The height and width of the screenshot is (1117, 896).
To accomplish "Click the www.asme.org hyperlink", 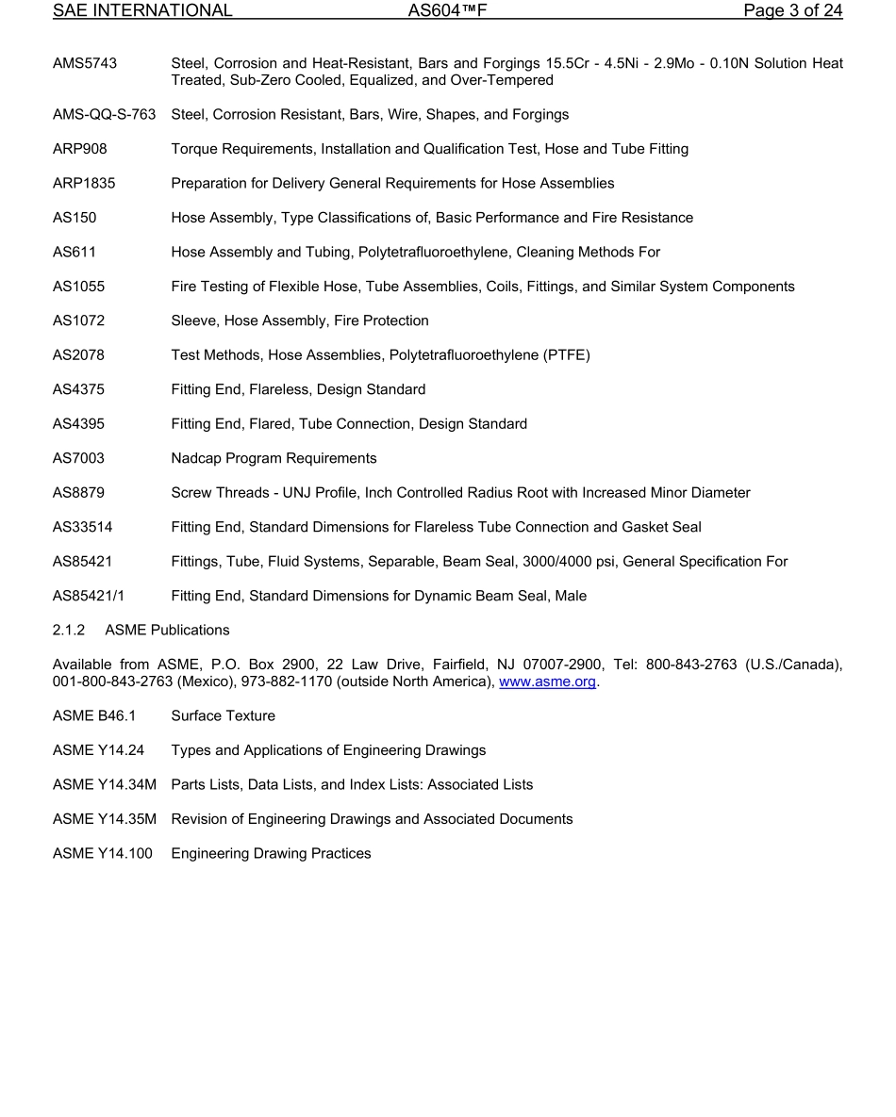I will point(547,682).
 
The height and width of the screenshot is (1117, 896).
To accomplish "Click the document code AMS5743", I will point(85,63).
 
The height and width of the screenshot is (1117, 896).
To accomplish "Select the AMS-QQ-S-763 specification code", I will point(104,114).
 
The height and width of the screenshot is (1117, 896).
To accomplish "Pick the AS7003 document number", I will point(78,458).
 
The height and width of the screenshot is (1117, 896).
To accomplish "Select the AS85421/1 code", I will point(88,596).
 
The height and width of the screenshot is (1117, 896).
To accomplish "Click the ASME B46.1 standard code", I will point(94,716).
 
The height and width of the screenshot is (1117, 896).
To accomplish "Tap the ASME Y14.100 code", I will point(102,854).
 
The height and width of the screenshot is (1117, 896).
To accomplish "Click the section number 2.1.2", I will point(69,630).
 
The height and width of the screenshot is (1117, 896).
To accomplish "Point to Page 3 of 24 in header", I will point(792,11).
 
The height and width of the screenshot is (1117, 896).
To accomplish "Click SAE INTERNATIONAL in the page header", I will point(142,11).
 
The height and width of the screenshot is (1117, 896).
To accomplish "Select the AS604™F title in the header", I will point(446,11).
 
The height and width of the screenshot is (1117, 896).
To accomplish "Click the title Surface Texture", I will point(223,716).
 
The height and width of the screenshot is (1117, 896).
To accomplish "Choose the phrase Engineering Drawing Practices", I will point(271,854).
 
